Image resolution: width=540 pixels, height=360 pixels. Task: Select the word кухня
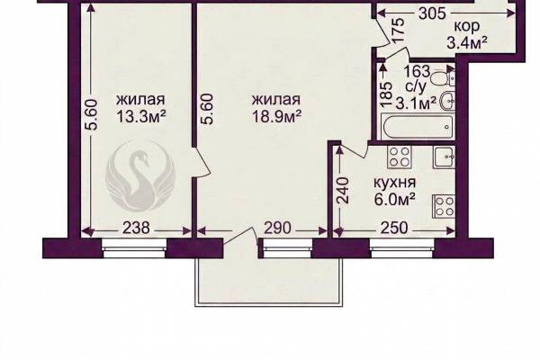click(395, 183)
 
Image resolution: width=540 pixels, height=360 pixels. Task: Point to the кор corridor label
click(467, 26)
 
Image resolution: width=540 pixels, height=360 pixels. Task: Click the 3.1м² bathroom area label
click(416, 103)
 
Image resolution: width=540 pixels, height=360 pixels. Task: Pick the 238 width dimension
click(137, 228)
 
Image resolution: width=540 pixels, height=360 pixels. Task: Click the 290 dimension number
click(277, 228)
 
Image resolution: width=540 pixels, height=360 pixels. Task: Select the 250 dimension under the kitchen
click(394, 228)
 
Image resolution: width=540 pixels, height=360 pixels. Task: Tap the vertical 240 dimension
click(343, 191)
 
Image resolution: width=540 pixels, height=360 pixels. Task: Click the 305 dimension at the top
click(432, 13)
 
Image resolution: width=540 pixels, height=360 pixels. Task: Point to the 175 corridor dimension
click(398, 31)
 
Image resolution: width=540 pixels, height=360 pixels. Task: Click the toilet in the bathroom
click(444, 77)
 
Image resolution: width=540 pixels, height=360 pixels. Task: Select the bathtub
click(418, 127)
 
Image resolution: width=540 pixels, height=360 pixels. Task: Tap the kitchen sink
click(445, 157)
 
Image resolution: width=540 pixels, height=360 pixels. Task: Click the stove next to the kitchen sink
click(400, 157)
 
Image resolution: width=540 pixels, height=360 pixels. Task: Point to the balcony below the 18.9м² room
click(269, 282)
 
